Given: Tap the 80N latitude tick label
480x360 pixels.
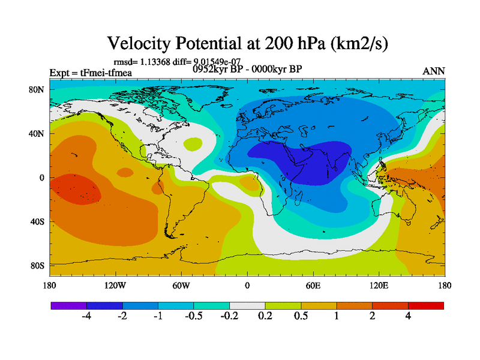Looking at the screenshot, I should pyautogui.click(x=38, y=89).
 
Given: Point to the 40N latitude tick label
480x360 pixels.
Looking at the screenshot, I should pyautogui.click(x=38, y=134).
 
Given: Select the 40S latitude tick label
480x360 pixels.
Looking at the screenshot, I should pyautogui.click(x=38, y=222).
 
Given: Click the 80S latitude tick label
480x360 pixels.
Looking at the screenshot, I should pyautogui.click(x=38, y=266).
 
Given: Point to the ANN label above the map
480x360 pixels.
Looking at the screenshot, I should pyautogui.click(x=434, y=71).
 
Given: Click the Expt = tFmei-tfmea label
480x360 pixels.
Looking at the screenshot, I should pyautogui.click(x=91, y=73).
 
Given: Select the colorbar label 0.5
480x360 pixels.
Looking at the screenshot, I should pyautogui.click(x=301, y=316).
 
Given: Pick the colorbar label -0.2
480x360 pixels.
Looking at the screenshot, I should pyautogui.click(x=229, y=316).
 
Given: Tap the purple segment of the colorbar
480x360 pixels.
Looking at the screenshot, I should pyautogui.click(x=69, y=305).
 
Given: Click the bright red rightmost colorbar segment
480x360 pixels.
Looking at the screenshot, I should pyautogui.click(x=426, y=305).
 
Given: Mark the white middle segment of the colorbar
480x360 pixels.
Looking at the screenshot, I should pyautogui.click(x=247, y=305).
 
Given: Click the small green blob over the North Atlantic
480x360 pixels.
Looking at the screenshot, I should pyautogui.click(x=193, y=144).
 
